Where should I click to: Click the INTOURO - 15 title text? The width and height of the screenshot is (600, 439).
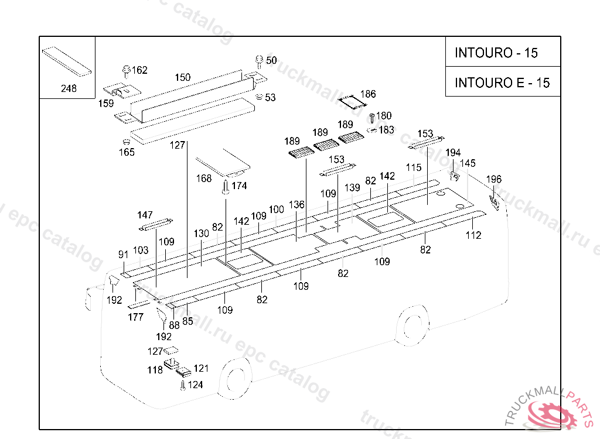(x=496, y=53)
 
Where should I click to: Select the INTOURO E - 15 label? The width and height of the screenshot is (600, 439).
(x=502, y=83)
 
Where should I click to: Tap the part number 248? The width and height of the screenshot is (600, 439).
(x=69, y=88)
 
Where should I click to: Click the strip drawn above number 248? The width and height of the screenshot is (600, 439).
(x=67, y=61)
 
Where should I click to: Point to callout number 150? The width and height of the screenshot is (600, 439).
(x=183, y=77)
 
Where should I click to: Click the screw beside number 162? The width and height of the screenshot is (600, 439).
(x=126, y=71)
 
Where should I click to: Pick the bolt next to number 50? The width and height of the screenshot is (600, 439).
(x=259, y=61)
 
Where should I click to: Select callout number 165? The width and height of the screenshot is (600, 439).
(x=127, y=152)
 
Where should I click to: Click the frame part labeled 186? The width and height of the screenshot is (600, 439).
(x=352, y=102)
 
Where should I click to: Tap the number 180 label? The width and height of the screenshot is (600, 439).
(x=384, y=115)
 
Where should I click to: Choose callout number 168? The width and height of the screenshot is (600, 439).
(x=203, y=178)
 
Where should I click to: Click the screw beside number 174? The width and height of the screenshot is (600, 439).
(x=226, y=187)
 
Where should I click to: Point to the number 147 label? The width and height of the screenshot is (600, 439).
(x=145, y=215)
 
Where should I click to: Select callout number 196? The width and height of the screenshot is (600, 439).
(x=493, y=179)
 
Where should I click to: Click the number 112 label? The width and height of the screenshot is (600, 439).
(x=473, y=235)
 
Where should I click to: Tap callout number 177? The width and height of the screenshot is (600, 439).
(x=136, y=317)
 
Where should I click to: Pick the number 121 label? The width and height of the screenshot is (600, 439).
(x=202, y=368)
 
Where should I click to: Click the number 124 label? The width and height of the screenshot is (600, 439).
(x=196, y=385)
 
